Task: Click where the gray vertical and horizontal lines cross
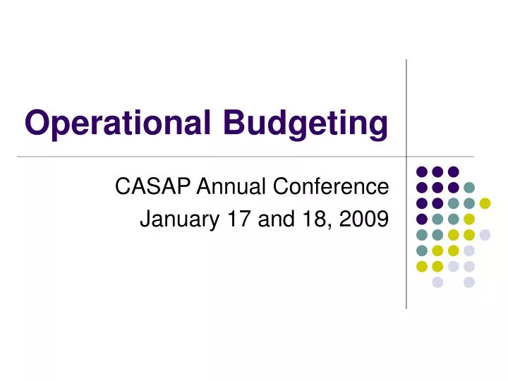tap(406, 156)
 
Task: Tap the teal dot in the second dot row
tap(469, 187)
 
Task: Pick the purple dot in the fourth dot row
tap(421, 219)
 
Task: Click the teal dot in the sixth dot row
tap(421, 250)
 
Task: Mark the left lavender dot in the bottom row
tap(437, 282)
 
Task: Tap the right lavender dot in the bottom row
tap(469, 282)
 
